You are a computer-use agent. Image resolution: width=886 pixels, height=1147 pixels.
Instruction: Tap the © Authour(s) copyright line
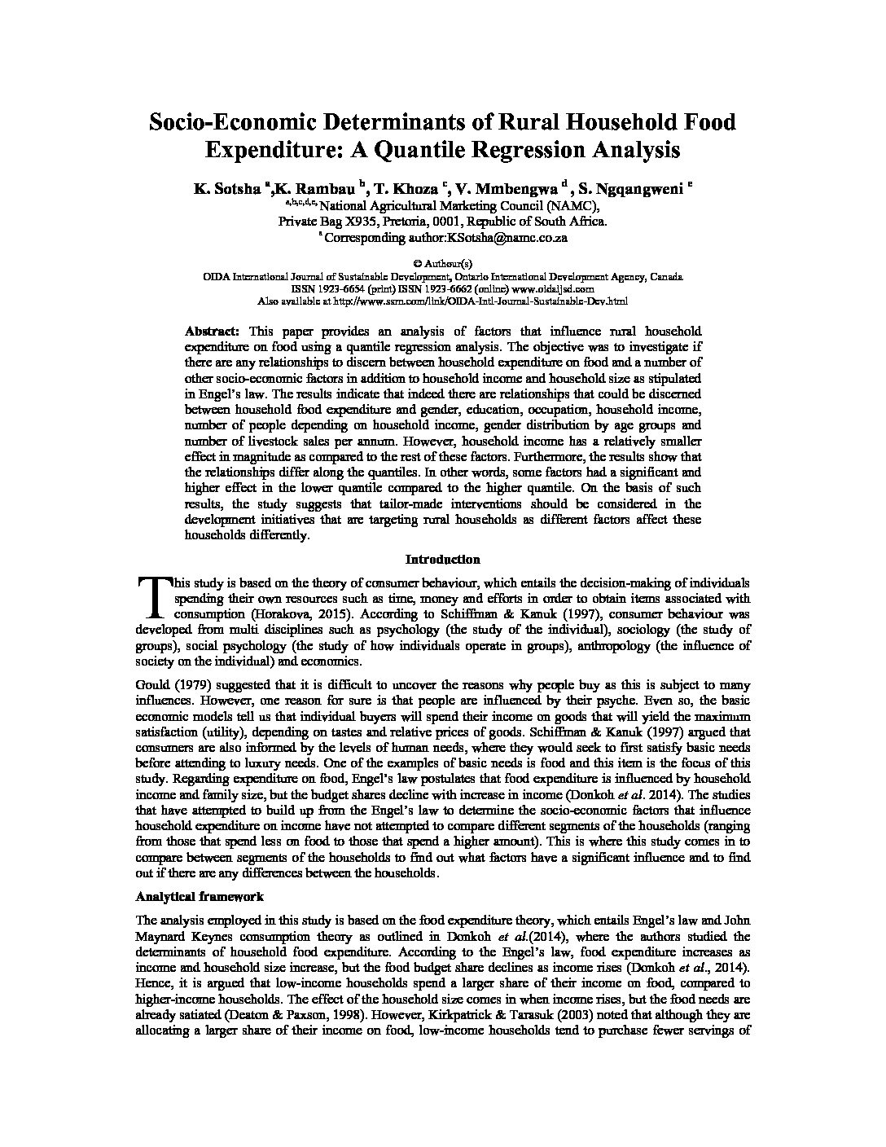click(442, 264)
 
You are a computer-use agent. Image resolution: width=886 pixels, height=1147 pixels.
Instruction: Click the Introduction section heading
click(442, 560)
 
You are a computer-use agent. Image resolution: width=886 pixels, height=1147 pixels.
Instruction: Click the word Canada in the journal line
click(667, 277)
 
